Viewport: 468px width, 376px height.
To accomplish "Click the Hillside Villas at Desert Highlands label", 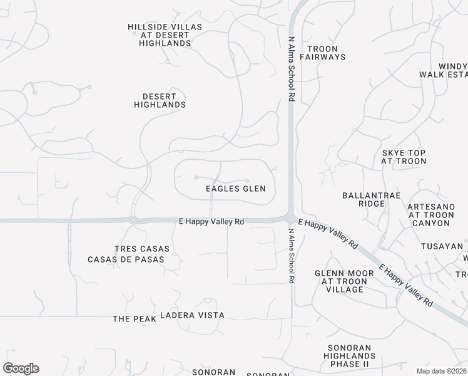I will click(159, 35).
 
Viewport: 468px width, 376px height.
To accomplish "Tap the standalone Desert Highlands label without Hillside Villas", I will click(160, 100).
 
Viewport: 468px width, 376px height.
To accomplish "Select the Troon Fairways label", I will click(322, 53).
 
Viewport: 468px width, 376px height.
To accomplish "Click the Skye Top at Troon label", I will click(404, 157).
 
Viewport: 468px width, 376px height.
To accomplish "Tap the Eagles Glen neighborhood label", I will click(235, 189).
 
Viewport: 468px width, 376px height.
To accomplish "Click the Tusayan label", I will click(442, 246).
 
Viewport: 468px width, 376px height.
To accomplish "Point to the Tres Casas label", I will click(141, 249).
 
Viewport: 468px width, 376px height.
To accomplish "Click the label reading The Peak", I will click(130, 319).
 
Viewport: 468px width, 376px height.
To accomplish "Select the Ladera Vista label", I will click(192, 315).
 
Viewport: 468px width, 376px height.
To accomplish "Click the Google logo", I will click(21, 368).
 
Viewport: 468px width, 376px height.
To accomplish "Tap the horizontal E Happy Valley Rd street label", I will click(211, 221).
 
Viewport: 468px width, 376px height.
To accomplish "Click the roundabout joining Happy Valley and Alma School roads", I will click(291, 218).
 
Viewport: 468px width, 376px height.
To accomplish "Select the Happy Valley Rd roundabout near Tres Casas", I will click(133, 220).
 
